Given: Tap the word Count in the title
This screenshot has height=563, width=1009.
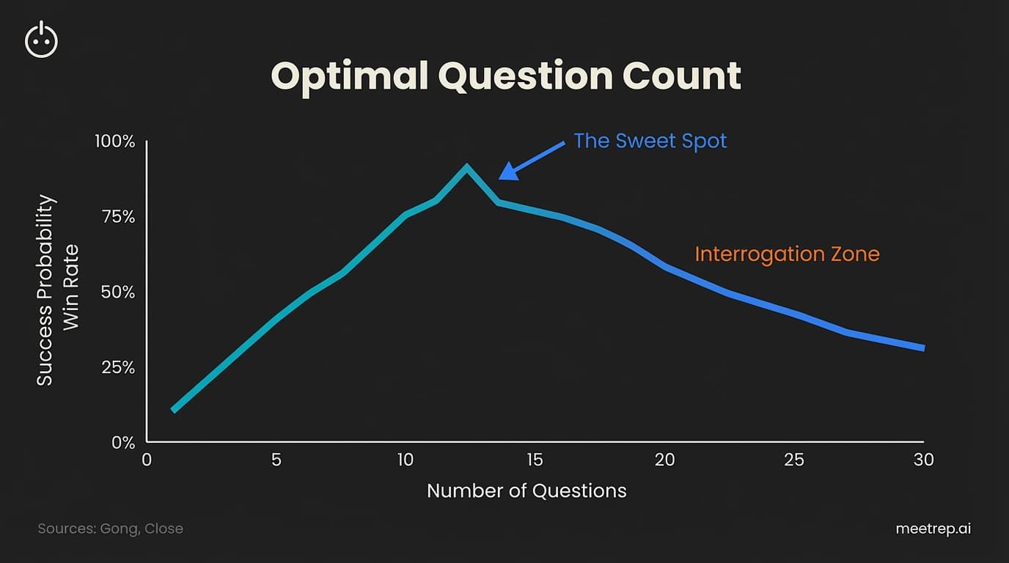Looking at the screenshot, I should point(682,76).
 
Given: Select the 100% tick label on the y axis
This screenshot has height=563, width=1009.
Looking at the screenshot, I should point(115,141).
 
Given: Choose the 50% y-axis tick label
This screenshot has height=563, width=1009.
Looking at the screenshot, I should point(117,292).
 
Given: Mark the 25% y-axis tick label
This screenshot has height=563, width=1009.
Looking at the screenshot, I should point(118,367).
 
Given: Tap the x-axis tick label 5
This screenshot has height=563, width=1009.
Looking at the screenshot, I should point(276,460).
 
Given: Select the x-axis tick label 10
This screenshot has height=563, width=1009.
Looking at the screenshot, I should point(406,460).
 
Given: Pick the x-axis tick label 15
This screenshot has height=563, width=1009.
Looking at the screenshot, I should point(535,460).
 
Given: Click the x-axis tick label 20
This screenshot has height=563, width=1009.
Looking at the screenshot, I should point(664,460).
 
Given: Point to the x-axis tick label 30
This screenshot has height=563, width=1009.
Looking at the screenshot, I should point(924,460).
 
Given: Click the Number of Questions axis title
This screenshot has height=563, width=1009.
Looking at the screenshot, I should point(526,491).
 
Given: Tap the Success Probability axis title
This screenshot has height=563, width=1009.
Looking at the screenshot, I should point(45,290).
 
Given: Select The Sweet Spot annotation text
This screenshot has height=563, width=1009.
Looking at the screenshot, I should point(650,141).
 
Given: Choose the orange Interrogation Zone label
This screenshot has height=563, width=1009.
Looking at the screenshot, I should point(787,254).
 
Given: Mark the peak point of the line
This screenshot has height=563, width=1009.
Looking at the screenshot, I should point(466,168).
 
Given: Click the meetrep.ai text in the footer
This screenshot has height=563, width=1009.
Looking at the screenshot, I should point(933,529).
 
